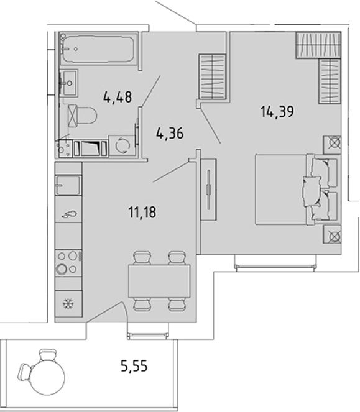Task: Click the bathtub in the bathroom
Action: tap(99, 48)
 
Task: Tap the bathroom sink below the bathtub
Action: tap(69, 83)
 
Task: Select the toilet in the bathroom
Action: tap(82, 116)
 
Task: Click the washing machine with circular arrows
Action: tap(122, 145)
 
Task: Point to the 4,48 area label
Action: tap(118, 97)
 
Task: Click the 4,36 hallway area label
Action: tap(170, 133)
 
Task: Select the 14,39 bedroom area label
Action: tap(277, 111)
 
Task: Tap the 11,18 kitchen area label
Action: tap(142, 212)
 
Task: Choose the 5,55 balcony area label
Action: tap(134, 366)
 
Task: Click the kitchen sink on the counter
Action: tap(68, 185)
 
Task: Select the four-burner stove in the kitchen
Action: tap(68, 262)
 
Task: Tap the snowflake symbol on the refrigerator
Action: tap(68, 304)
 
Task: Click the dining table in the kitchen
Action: tap(159, 281)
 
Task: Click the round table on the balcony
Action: tap(48, 377)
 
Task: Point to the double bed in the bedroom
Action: tap(297, 190)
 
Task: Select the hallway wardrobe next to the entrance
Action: tap(213, 76)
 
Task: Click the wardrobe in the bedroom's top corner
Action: tap(318, 44)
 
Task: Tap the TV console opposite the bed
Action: tap(208, 190)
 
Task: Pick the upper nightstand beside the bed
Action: tap(332, 145)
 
